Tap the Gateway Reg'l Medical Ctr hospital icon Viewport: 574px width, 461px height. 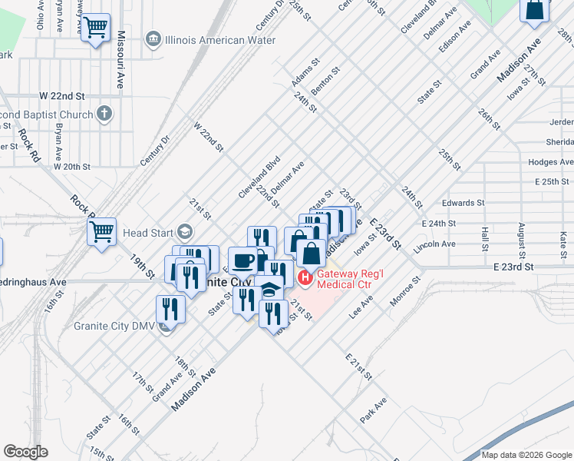[x=305, y=277]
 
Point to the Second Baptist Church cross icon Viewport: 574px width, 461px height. [x=104, y=114]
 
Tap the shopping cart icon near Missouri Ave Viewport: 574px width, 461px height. [x=95, y=28]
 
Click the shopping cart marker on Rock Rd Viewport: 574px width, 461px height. [x=101, y=231]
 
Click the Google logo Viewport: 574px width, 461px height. [x=25, y=452]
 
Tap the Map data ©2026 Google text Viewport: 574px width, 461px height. [x=526, y=455]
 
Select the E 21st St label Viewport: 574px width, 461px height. [x=358, y=367]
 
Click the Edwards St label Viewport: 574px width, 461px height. [x=463, y=203]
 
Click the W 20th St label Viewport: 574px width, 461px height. [x=72, y=166]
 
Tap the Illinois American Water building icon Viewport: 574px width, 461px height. [x=153, y=39]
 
